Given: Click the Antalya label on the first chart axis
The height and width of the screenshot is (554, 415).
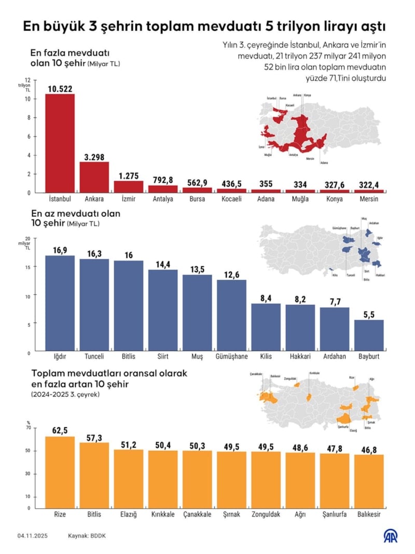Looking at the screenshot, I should point(163,199).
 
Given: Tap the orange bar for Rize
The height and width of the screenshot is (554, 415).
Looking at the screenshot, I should point(60,473).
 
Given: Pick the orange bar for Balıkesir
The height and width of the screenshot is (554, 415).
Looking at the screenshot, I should point(369,482).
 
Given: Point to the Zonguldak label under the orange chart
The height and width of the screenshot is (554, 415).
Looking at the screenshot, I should point(266,515).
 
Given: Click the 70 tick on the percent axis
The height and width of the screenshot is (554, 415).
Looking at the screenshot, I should point(29,428).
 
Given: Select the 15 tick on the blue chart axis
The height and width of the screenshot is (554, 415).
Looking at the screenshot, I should point(29,267).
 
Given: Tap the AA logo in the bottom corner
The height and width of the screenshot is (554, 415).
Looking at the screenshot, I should point(389,536).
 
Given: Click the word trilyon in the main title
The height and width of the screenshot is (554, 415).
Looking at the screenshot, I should point(294,26).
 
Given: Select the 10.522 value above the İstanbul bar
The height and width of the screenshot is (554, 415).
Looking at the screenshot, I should point(60,88).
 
